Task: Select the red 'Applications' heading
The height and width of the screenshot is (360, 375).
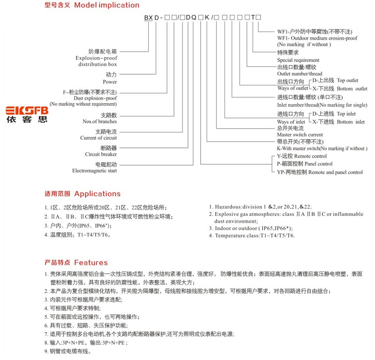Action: point(97,193)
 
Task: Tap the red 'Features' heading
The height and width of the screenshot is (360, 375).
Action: point(91,262)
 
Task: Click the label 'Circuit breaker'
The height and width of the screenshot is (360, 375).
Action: point(101,154)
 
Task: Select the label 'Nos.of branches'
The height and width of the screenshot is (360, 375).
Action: point(99,122)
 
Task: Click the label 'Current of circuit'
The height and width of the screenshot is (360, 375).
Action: point(98,138)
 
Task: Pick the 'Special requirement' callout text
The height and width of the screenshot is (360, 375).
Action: point(298,60)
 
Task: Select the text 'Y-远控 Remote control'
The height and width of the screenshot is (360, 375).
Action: point(302,156)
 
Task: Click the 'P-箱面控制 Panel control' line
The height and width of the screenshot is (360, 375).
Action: point(305,164)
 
